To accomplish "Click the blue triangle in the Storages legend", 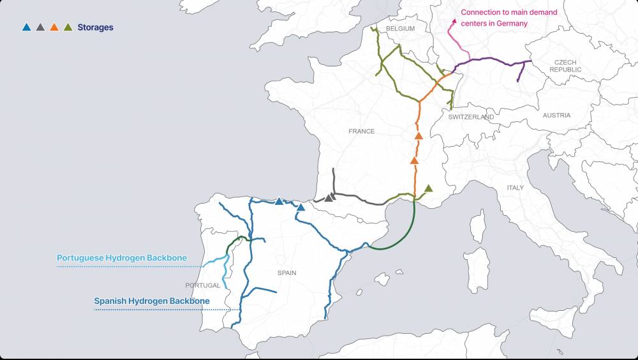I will [x=26, y=27].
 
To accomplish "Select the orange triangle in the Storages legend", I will [x=54, y=27].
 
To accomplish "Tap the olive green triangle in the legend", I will [x=68, y=27].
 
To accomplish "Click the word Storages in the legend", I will [x=95, y=27].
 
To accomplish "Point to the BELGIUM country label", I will [x=400, y=29].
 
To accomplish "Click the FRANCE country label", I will [x=361, y=131].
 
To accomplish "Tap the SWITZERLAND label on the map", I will [x=471, y=117].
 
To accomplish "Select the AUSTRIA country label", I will [x=556, y=116].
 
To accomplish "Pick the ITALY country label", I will [x=515, y=188].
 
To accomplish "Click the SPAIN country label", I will [x=286, y=273].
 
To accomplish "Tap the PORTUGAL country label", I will [x=203, y=285].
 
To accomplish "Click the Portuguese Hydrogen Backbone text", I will [x=122, y=258].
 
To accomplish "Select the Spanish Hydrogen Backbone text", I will [x=152, y=301].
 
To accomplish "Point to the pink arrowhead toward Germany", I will [x=454, y=21].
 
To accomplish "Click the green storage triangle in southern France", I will [x=429, y=188].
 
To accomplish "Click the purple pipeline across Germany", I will [x=491, y=59].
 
